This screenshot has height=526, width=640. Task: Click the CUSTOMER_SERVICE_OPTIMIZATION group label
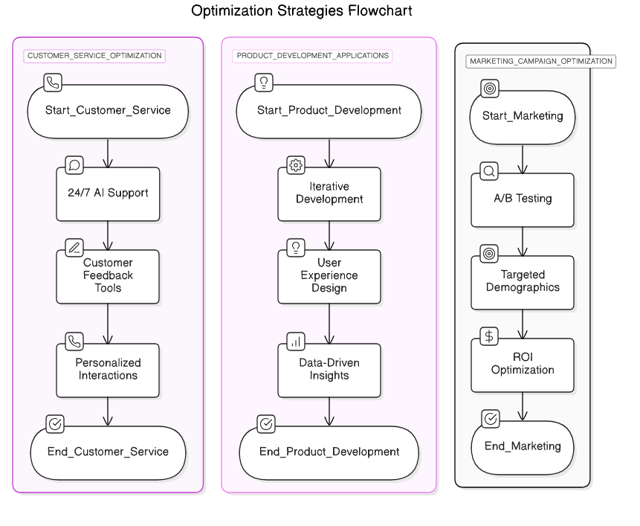tap(94, 56)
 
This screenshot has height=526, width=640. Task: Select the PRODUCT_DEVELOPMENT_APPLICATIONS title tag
tap(313, 56)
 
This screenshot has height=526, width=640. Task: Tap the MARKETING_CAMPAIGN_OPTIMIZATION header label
tap(540, 61)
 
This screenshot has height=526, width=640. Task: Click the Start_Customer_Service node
tap(109, 110)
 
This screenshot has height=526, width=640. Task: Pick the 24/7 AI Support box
tap(109, 193)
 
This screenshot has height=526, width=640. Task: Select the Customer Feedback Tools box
tap(109, 276)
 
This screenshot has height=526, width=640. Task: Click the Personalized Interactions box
tap(109, 370)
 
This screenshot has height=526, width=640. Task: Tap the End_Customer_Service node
tap(109, 452)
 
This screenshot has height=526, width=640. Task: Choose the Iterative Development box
tap(329, 193)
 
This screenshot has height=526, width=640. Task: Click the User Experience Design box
tap(329, 276)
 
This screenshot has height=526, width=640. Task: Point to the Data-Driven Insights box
tap(329, 370)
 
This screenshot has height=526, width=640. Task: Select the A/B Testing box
tap(523, 199)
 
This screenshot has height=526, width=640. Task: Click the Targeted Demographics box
tap(523, 282)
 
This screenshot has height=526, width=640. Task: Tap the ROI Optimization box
tap(523, 365)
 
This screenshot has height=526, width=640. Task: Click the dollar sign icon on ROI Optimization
tap(489, 336)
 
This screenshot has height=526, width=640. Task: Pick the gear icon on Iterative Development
tap(296, 165)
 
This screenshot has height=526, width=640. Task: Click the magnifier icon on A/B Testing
tap(489, 171)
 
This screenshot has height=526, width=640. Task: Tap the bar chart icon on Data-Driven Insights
tap(296, 341)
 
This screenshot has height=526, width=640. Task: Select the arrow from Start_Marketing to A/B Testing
tap(523, 158)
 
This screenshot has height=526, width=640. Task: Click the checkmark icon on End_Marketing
tap(490, 419)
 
